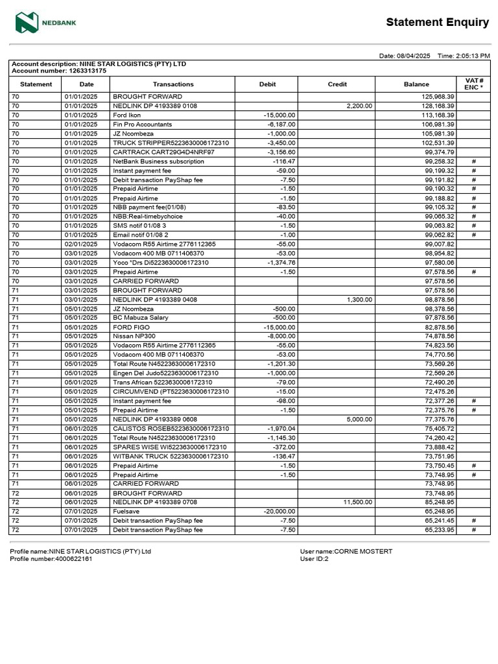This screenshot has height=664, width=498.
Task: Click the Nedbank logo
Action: click(46, 23)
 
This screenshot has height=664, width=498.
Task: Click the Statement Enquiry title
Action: click(437, 23)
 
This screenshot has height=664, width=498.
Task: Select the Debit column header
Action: click(267, 84)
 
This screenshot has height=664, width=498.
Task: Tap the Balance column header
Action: click(416, 84)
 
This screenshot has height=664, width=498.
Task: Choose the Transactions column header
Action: click(173, 84)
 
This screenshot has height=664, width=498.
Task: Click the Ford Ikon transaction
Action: click(127, 115)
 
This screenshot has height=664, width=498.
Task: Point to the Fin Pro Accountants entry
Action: click(142, 124)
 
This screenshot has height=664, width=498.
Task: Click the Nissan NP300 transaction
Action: click(134, 337)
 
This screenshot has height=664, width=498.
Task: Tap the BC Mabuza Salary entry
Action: click(141, 318)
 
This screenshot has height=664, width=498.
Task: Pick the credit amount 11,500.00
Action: click(357, 503)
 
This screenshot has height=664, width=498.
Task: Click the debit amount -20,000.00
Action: click(279, 512)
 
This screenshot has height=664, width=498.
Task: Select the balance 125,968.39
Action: click(439, 97)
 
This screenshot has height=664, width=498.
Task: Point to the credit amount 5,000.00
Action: click(359, 420)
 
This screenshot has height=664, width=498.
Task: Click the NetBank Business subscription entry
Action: click(158, 161)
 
